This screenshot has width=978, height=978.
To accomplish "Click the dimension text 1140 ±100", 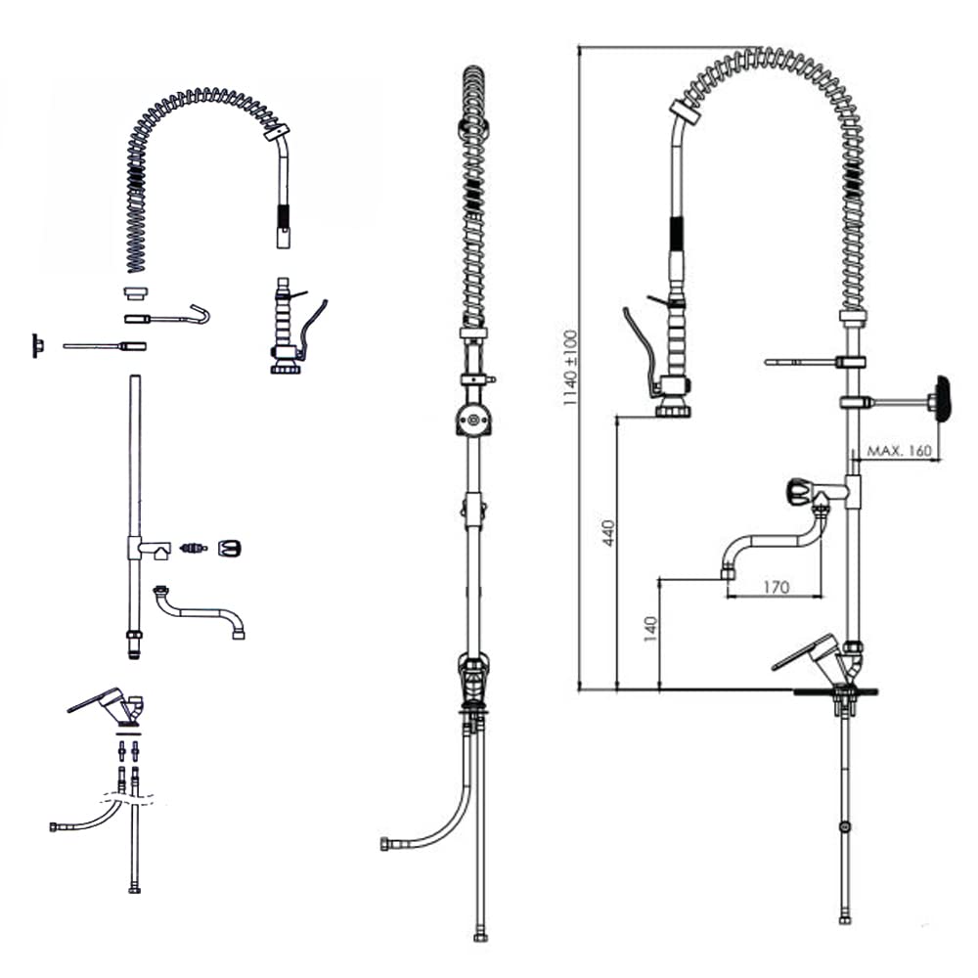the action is click(570, 368).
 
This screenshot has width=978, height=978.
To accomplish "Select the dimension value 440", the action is click(608, 533).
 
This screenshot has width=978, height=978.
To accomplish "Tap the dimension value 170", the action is click(776, 587).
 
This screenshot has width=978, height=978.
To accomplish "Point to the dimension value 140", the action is click(650, 629).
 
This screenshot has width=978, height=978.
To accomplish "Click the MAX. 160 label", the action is click(900, 450).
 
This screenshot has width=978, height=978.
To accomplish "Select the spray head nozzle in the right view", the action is click(673, 410).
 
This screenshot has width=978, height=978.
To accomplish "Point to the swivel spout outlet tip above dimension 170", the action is click(728, 572).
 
